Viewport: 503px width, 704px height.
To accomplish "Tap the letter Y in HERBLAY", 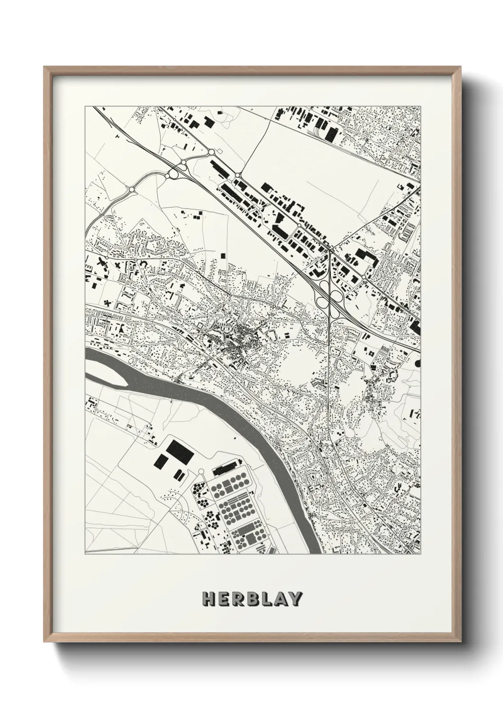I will (295, 599).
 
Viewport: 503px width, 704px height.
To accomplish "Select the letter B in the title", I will (252, 599).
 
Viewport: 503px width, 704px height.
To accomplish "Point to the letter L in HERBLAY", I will (266, 599).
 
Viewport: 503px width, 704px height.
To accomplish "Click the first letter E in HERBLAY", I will (223, 599).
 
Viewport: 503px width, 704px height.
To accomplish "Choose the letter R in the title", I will (237, 599).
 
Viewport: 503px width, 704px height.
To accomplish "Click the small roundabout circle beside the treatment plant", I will (202, 471).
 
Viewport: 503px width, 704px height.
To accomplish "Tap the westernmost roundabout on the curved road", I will (132, 190).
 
